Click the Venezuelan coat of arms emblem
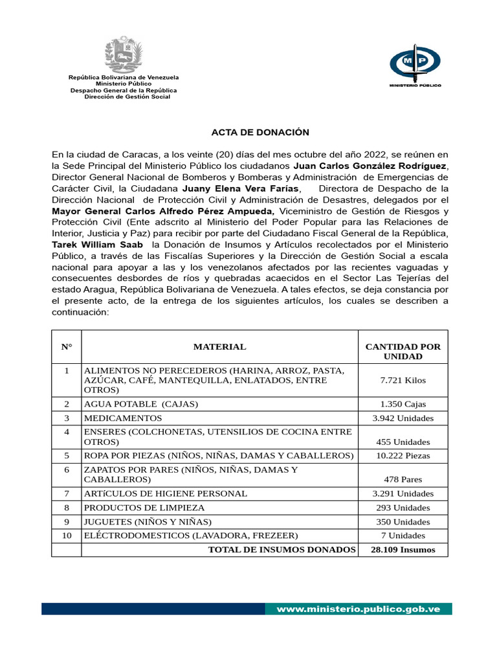pos(124,54)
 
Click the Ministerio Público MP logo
pos(415,64)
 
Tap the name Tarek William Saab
pos(98,245)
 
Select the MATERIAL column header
pos(219,346)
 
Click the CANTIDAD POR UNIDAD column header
pos(403,352)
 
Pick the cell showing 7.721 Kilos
pos(403,380)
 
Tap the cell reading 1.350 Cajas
pos(403,404)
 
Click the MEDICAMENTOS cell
pos(123,418)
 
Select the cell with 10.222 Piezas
pos(403,456)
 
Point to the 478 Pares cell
pos(403,480)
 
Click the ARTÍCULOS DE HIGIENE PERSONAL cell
pos(165,493)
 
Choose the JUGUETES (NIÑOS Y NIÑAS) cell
pos(148,522)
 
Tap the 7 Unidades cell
pos(403,535)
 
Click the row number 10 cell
pos(66,535)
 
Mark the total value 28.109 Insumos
pos(403,550)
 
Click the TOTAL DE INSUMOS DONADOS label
pos(282,550)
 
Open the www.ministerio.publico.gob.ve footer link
pos(359,609)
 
